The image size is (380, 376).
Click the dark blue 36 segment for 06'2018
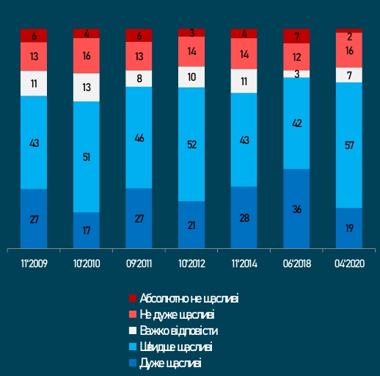click(x=296, y=209)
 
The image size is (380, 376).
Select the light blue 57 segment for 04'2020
click(x=348, y=145)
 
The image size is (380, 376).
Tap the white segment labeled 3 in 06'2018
click(x=296, y=73)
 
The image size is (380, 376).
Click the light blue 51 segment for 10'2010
click(x=87, y=156)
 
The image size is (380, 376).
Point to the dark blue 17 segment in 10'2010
click(x=87, y=230)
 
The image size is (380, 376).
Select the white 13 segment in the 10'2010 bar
click(x=87, y=87)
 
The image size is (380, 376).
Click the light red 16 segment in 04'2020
click(x=348, y=50)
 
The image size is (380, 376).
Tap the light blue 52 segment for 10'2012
click(x=191, y=145)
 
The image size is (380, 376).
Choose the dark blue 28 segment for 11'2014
click(x=244, y=217)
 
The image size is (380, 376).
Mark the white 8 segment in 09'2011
click(x=139, y=78)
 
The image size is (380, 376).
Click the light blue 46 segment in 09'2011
click(x=139, y=137)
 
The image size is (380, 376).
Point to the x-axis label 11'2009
click(x=34, y=262)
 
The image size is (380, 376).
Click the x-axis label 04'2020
click(x=348, y=262)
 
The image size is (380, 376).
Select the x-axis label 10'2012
click(x=191, y=262)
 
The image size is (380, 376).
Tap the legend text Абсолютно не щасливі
click(x=189, y=298)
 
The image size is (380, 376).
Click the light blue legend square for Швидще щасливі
click(x=133, y=347)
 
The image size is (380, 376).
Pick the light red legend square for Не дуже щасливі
click(x=133, y=314)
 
